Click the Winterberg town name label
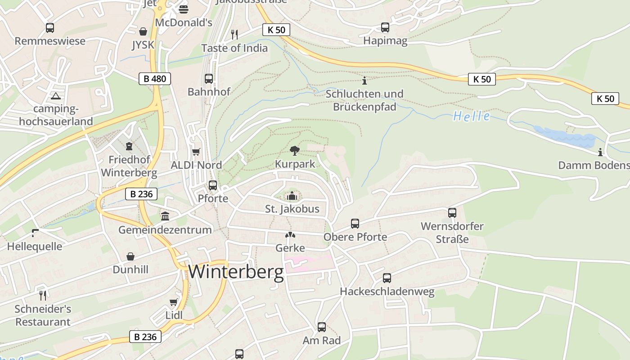[236, 272]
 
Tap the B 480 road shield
[155, 79]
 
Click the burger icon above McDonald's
[184, 9]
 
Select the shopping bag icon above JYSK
[143, 31]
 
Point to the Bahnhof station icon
[209, 79]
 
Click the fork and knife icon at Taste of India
[234, 34]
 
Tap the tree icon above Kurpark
[295, 150]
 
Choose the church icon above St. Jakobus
[292, 196]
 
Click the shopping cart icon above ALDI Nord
[196, 152]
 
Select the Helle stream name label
[472, 117]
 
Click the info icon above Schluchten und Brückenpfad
[364, 81]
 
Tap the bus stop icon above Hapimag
[385, 27]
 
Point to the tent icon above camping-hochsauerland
[56, 95]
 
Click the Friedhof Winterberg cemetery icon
[129, 146]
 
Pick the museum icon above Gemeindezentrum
[165, 216]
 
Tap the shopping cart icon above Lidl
[174, 302]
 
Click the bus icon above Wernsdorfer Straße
[452, 213]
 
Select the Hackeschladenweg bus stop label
[387, 292]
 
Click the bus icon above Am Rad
[322, 327]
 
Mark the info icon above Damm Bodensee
[600, 152]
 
